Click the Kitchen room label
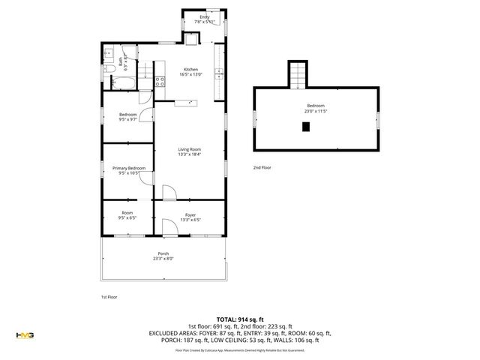point(190,70)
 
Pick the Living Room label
point(188,150)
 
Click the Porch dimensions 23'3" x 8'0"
point(163,259)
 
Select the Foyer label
point(190,214)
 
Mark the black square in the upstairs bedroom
point(305,127)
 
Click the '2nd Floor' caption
point(261,167)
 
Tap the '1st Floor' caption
point(109,297)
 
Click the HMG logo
point(25,334)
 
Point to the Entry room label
point(204,16)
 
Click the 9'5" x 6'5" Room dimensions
point(127,218)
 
